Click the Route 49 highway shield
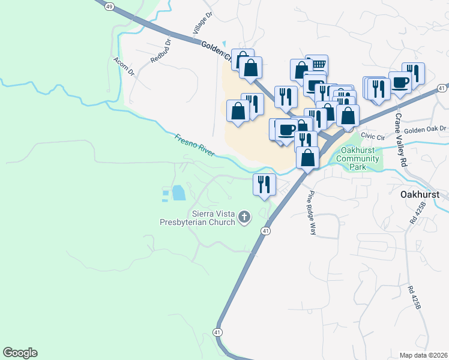pos(109,6)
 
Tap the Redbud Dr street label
pos(161,52)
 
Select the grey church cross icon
pos(244,217)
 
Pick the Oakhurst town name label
pos(420,195)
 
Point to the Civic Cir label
pos(372,137)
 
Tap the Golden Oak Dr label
pos(426,128)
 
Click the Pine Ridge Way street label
pos(312,213)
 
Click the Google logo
pos(20,353)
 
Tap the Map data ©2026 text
pos(423,355)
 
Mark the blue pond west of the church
pos(178,193)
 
